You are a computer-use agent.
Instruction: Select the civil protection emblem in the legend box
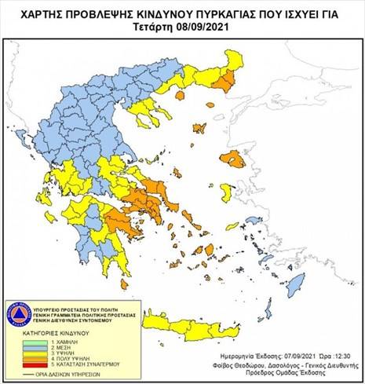(x=19, y=313)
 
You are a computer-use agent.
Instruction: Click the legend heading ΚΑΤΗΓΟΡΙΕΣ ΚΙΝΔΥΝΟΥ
(x=53, y=333)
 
